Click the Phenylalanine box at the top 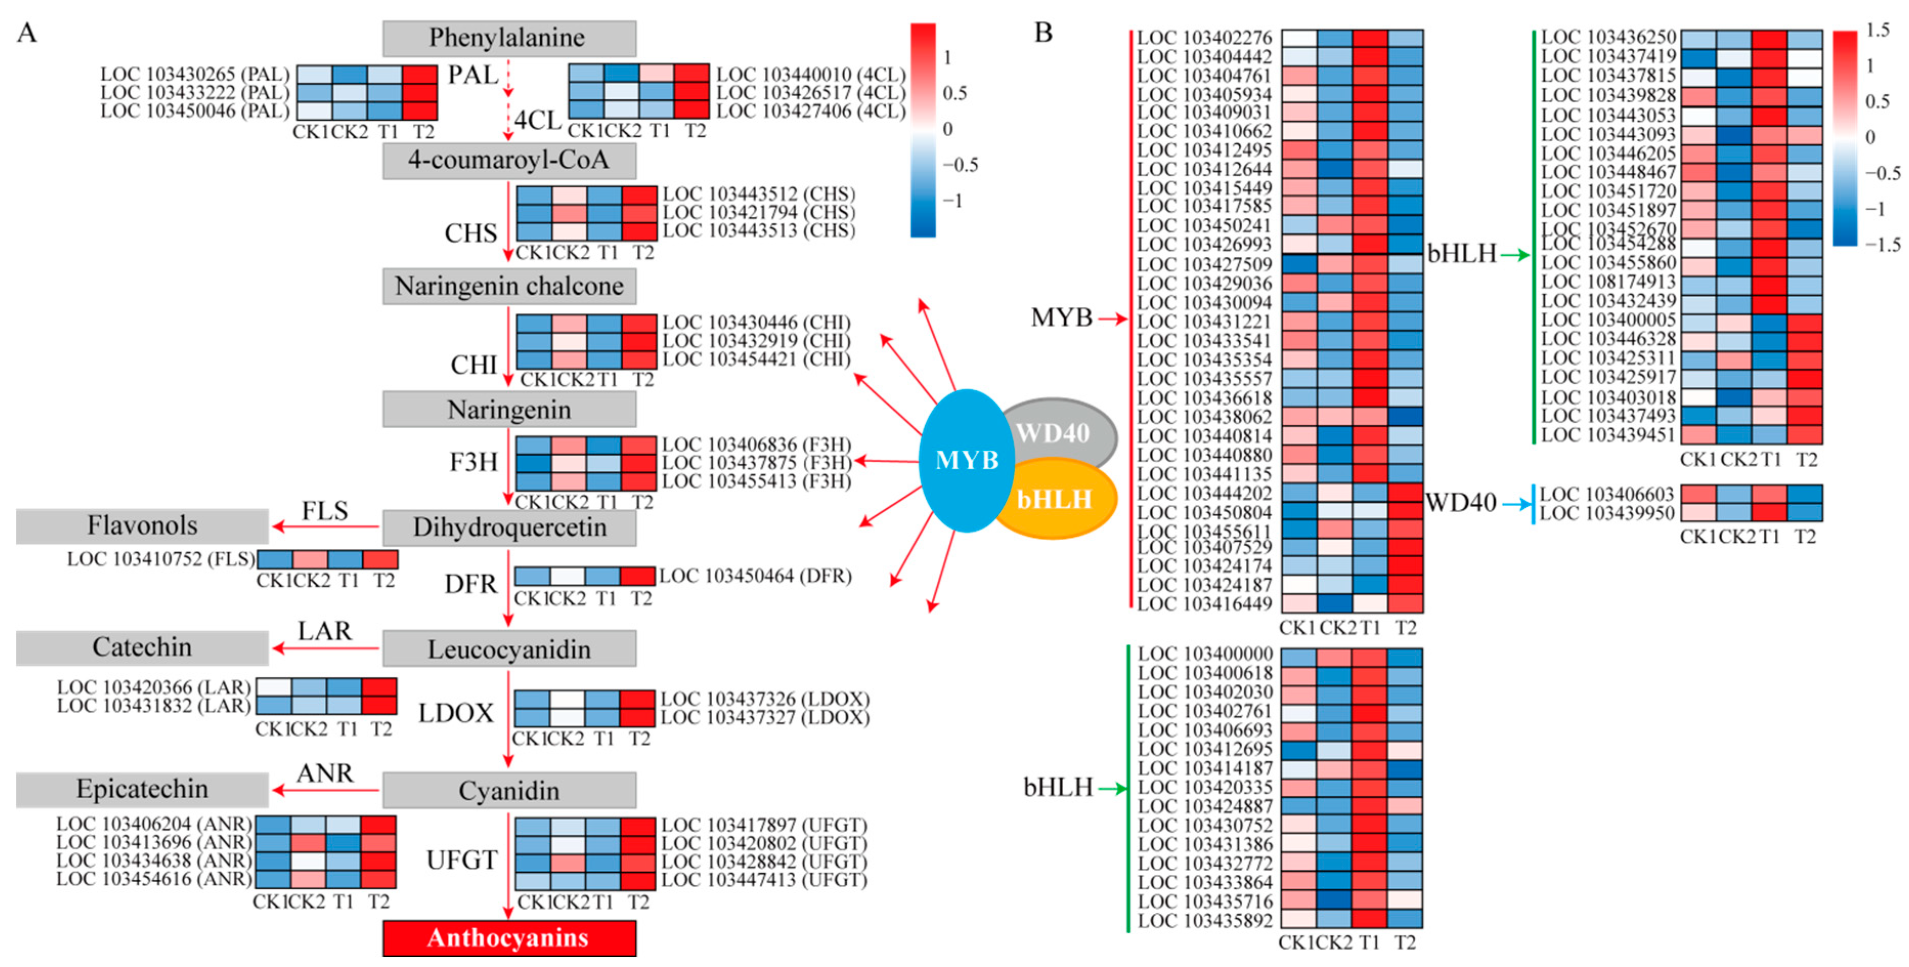tap(509, 38)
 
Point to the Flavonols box tap(142, 525)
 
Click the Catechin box tap(142, 648)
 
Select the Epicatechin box tap(142, 789)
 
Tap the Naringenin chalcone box tap(509, 286)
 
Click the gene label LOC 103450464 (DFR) tap(755, 576)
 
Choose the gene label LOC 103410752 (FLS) tap(161, 559)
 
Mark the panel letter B tap(1043, 33)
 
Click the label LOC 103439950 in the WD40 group tap(1607, 513)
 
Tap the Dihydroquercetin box tap(509, 528)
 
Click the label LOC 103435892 tap(1205, 920)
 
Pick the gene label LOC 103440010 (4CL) tap(810, 74)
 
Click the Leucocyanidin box tap(509, 650)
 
